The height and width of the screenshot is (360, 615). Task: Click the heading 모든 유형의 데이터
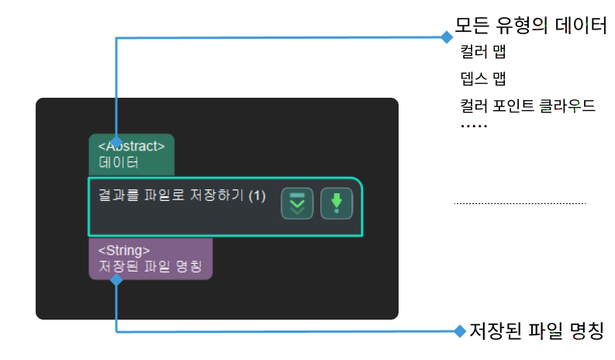[x=530, y=26]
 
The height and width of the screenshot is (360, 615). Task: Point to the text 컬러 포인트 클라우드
[x=527, y=105]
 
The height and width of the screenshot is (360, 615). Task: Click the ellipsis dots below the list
[x=473, y=126]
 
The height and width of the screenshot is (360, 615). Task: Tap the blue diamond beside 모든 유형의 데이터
[x=446, y=36]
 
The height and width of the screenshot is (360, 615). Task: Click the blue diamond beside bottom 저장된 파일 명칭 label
[x=458, y=331]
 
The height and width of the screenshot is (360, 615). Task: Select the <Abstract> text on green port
[x=131, y=146]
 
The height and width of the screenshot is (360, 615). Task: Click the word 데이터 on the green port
[x=118, y=163]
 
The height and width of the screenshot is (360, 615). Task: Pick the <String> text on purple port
[x=124, y=250]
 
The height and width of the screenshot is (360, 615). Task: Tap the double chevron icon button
[x=297, y=203]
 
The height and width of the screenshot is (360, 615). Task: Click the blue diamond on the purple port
[x=116, y=281]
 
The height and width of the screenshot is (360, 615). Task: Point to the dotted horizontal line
[x=520, y=204]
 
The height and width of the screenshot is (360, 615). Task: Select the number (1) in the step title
[x=257, y=196]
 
